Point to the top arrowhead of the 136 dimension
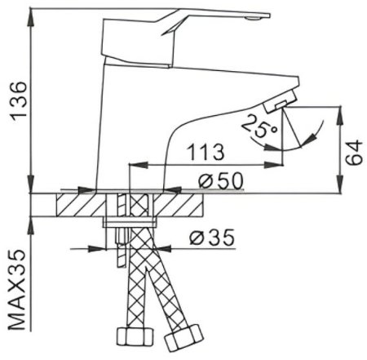(x=31, y=11)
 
